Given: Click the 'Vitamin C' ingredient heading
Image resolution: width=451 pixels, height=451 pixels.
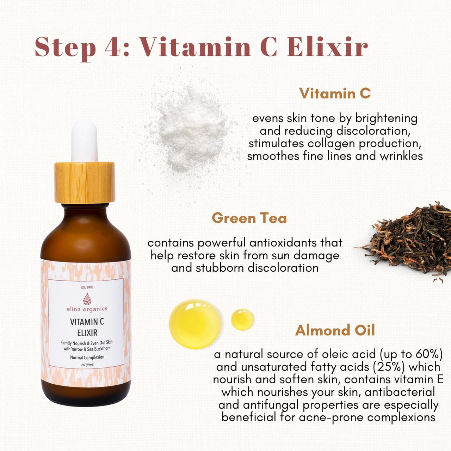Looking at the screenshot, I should [x=335, y=94].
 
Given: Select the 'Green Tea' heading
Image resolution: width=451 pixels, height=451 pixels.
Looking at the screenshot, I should [x=249, y=218].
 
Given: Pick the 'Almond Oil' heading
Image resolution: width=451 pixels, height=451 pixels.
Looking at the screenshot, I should [x=335, y=330].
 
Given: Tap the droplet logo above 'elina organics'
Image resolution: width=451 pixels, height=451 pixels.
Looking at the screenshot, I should [x=87, y=299].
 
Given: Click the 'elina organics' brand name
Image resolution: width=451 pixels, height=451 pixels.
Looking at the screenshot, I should [x=87, y=309].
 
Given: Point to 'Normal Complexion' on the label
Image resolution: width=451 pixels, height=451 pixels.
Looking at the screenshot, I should [x=87, y=357].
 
